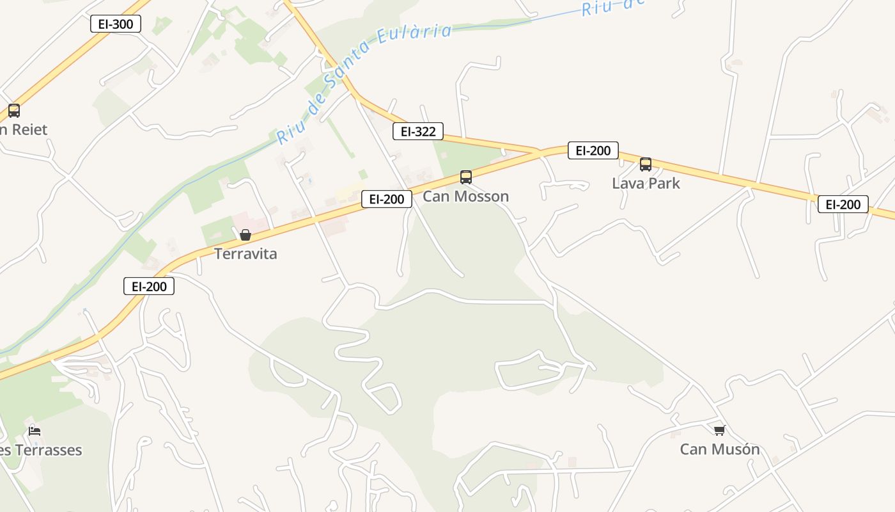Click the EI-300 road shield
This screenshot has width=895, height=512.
(115, 24)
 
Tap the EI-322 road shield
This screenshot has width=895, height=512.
(417, 132)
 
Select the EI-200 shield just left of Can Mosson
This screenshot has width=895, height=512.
(386, 199)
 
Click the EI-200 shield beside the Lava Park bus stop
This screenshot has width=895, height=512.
(593, 150)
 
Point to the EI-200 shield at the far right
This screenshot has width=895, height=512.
(843, 204)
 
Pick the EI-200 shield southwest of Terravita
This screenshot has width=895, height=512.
(148, 286)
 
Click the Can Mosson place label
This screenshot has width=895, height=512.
(465, 196)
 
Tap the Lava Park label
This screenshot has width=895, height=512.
(646, 183)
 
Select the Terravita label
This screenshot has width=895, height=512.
(245, 253)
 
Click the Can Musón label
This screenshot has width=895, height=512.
(720, 449)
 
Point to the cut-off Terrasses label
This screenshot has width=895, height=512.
(41, 450)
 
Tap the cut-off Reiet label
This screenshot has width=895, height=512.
(24, 129)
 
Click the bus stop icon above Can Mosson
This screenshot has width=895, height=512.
(466, 177)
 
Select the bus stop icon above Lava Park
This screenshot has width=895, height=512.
(646, 164)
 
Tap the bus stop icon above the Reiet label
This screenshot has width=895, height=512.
(14, 110)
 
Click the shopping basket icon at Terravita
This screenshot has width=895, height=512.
(245, 235)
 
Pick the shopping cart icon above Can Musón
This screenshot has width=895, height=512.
(719, 430)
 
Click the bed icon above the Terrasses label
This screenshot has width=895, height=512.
(35, 431)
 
